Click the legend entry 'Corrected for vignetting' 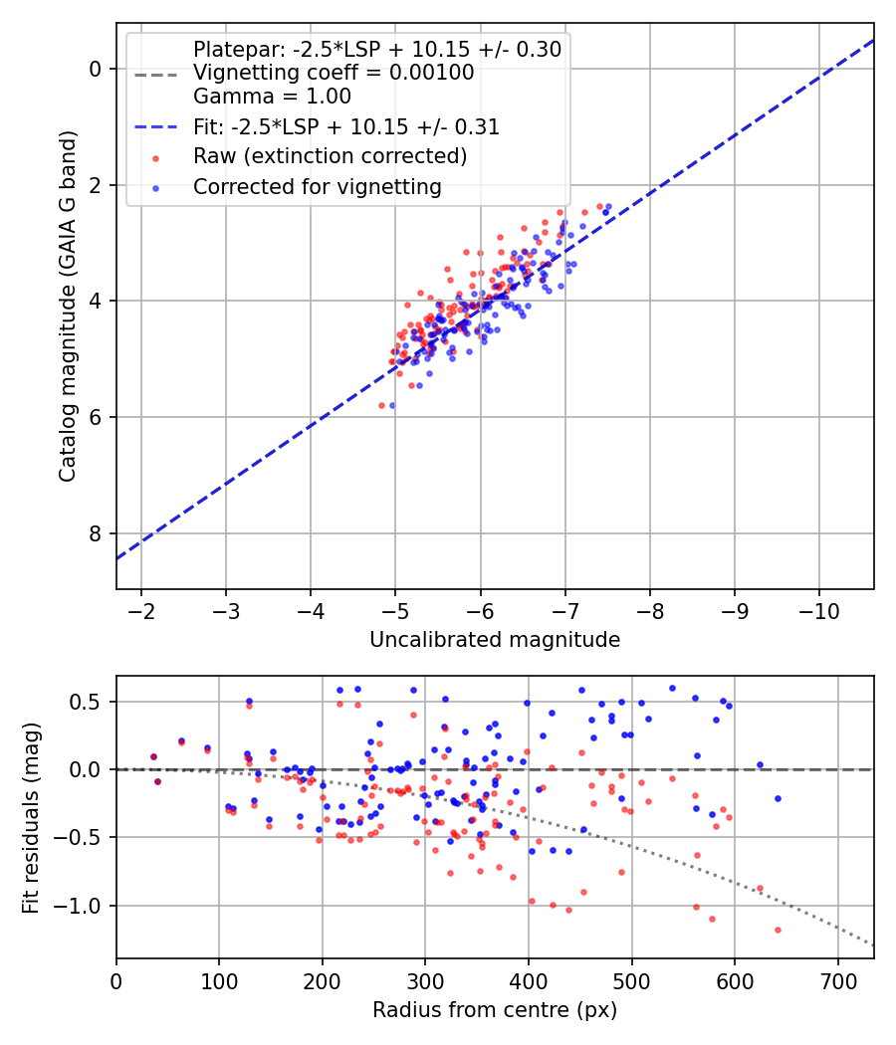tap(318, 187)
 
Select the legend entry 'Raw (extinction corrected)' tap(330, 156)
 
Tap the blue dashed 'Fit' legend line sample tap(156, 126)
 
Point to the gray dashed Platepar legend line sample tap(156, 75)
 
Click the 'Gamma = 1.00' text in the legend tap(272, 96)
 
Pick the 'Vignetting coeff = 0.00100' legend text tap(334, 72)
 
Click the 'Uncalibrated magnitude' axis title tap(495, 640)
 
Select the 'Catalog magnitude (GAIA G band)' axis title tap(68, 307)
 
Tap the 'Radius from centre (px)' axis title tap(495, 1010)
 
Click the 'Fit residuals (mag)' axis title tap(31, 818)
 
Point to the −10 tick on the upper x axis tap(818, 611)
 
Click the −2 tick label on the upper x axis tap(140, 611)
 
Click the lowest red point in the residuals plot tap(778, 930)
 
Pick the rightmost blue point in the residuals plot tap(778, 798)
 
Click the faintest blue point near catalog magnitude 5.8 tap(392, 405)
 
